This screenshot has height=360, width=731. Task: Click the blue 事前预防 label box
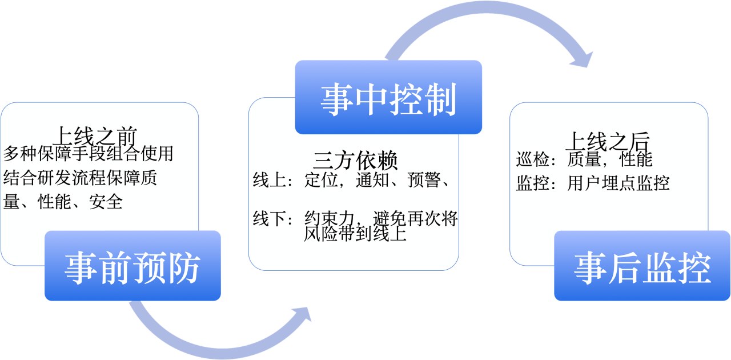[x=132, y=266]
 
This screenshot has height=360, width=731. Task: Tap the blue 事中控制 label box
[x=388, y=98]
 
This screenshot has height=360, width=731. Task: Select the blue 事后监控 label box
[x=642, y=266]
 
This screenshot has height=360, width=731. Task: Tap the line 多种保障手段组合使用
[x=89, y=154]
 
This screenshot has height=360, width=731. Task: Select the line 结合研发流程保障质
[x=80, y=178]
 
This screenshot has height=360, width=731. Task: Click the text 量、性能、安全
[x=63, y=202]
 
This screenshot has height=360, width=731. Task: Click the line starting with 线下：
[x=354, y=219]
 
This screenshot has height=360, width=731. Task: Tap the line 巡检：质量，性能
[x=584, y=159]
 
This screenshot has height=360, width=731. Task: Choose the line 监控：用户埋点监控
[x=593, y=183]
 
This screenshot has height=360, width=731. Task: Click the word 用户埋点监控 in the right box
[x=618, y=183]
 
